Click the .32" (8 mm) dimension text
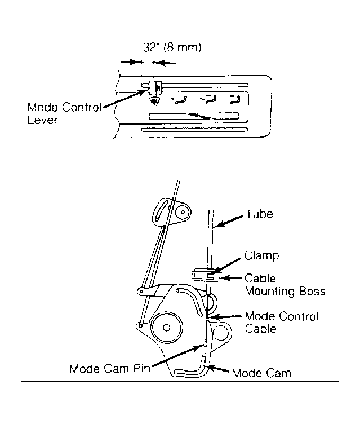[x=171, y=47]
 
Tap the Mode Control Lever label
[x=64, y=113]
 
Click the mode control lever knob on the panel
[x=155, y=87]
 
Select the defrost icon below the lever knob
[x=154, y=101]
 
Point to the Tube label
[x=260, y=214]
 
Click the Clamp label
[x=261, y=255]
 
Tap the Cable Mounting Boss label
[x=285, y=285]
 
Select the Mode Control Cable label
[x=281, y=323]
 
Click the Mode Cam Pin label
[x=109, y=368]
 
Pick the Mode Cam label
[x=261, y=373]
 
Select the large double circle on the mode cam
[x=167, y=327]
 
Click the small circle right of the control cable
[x=220, y=332]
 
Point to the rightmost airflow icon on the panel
[x=234, y=99]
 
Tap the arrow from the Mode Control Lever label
[x=126, y=99]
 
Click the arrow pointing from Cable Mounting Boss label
[x=229, y=278]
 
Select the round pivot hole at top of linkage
[x=183, y=212]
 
